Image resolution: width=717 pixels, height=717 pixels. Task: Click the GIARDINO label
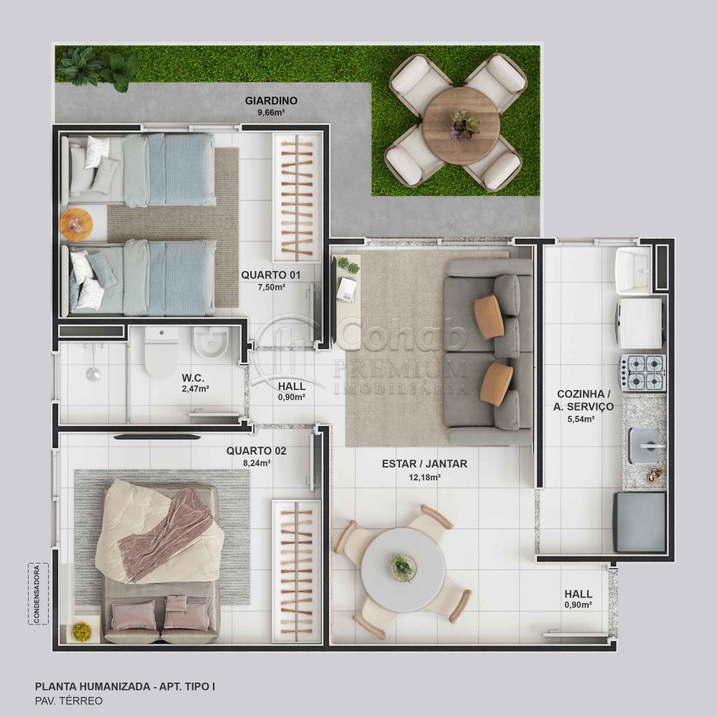pyautogui.click(x=271, y=100)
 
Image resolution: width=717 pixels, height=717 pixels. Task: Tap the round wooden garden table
pyautogui.click(x=461, y=125)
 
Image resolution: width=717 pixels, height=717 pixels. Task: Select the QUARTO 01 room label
pyautogui.click(x=271, y=275)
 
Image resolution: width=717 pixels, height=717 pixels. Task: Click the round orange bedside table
pyautogui.click(x=77, y=224)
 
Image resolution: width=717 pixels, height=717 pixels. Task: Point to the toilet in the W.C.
pyautogui.click(x=161, y=353)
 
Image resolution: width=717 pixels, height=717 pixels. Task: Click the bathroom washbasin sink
pyautogui.click(x=211, y=343)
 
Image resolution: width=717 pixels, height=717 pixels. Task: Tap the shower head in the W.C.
pyautogui.click(x=93, y=374)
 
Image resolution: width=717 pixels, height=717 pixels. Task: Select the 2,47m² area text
pyautogui.click(x=195, y=389)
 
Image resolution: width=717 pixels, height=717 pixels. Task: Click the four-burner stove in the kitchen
pyautogui.click(x=642, y=373)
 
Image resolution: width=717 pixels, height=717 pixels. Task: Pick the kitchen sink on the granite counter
pyautogui.click(x=645, y=445)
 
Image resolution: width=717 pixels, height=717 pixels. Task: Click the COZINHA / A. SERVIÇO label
pyautogui.click(x=583, y=400)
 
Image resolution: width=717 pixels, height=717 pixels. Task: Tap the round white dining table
pyautogui.click(x=403, y=570)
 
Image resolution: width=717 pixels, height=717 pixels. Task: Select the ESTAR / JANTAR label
pyautogui.click(x=424, y=464)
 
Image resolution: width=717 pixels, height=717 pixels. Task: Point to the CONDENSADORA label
pyautogui.click(x=37, y=594)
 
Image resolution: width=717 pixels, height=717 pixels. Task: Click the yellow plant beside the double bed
pyautogui.click(x=82, y=632)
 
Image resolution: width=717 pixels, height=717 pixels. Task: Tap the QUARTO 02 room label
pyautogui.click(x=256, y=451)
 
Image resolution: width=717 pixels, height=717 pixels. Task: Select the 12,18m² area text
pyautogui.click(x=424, y=478)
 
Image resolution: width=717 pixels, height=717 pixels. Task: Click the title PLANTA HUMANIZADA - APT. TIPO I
pyautogui.click(x=125, y=686)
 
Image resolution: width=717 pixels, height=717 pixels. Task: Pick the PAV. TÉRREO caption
pyautogui.click(x=69, y=701)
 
